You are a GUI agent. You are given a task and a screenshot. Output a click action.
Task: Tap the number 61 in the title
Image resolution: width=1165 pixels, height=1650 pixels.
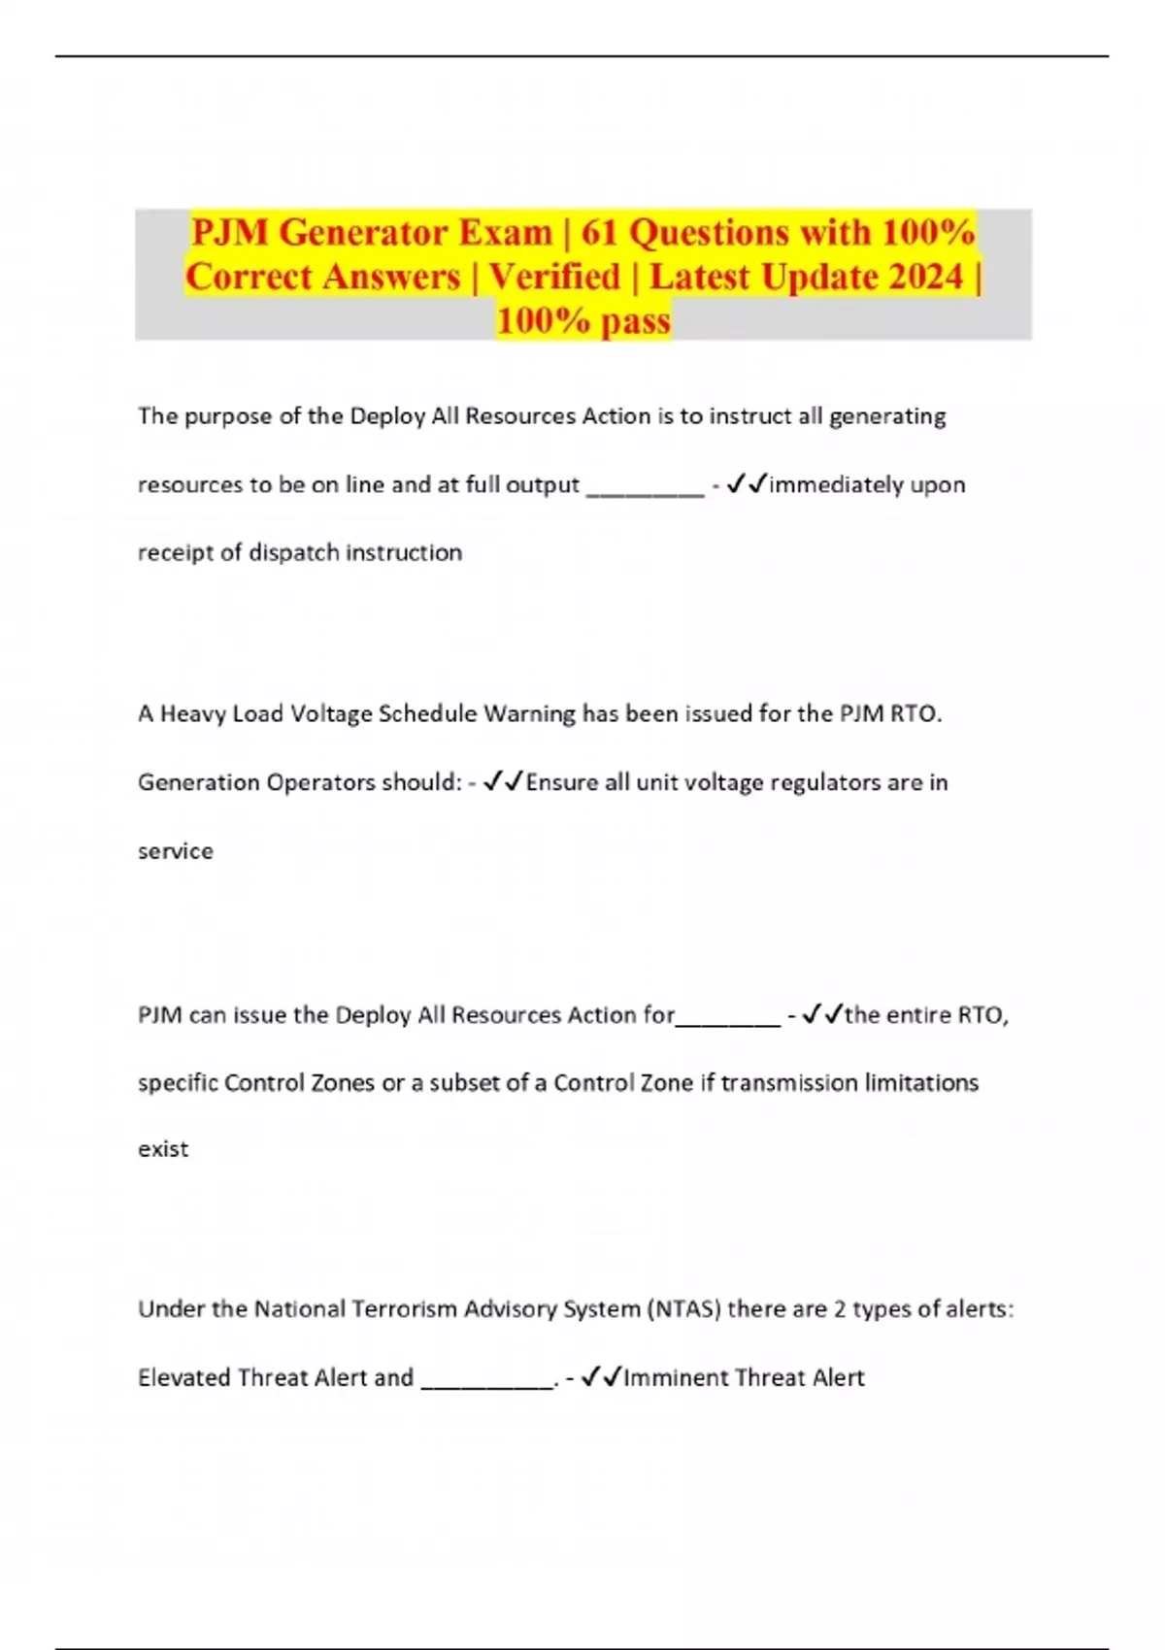(600, 233)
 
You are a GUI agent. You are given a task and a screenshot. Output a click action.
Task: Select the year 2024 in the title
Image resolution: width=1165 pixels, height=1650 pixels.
(910, 277)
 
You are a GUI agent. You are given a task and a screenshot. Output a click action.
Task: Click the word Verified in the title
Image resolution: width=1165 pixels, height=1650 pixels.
(554, 277)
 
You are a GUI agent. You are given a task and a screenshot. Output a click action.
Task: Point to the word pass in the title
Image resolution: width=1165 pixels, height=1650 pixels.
(636, 321)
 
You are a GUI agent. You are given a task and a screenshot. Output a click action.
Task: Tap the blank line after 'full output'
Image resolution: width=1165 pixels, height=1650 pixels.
(645, 488)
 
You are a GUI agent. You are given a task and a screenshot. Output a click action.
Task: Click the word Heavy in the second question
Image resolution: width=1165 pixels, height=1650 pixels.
(192, 714)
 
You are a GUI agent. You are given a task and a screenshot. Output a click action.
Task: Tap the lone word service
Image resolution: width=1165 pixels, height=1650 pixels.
(176, 851)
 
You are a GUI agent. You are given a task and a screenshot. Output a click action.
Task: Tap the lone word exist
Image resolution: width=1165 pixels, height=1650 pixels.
(163, 1149)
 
